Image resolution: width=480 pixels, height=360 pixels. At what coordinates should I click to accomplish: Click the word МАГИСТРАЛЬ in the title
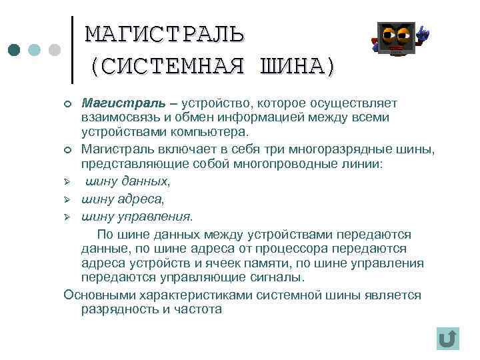click(x=165, y=33)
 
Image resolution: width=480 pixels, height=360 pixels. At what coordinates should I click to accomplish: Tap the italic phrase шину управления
click(x=137, y=216)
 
